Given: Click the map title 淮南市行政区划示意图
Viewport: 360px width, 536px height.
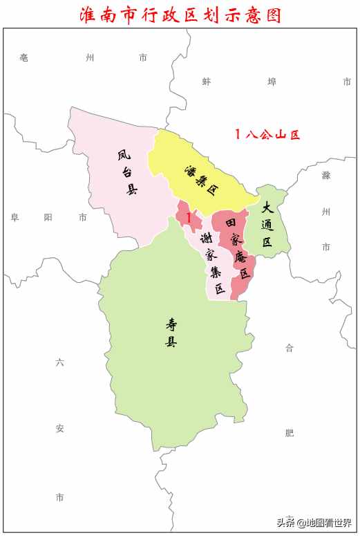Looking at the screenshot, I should click(180, 14).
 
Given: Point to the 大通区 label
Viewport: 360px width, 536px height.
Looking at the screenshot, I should click(267, 223).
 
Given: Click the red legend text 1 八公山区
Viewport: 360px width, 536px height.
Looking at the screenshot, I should click(267, 135).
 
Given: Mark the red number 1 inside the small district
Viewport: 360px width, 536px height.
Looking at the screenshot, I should click(188, 217).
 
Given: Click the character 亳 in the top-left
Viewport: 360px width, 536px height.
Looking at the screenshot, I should click(23, 58).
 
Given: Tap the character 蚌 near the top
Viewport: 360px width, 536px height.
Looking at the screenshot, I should click(206, 82).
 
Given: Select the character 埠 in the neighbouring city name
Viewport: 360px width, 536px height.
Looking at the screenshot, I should click(272, 82).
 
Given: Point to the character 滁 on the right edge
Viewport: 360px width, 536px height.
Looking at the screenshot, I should click(326, 175).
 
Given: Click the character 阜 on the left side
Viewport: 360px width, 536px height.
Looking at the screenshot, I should click(15, 217).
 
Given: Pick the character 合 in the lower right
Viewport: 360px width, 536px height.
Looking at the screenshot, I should click(290, 348).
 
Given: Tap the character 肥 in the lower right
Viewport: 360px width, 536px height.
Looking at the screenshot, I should click(290, 433).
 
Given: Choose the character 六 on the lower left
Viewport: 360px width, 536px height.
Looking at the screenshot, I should click(59, 362).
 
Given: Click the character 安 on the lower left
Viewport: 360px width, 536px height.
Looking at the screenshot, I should click(59, 429).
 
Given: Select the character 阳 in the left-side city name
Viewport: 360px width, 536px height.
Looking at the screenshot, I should click(48, 217).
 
